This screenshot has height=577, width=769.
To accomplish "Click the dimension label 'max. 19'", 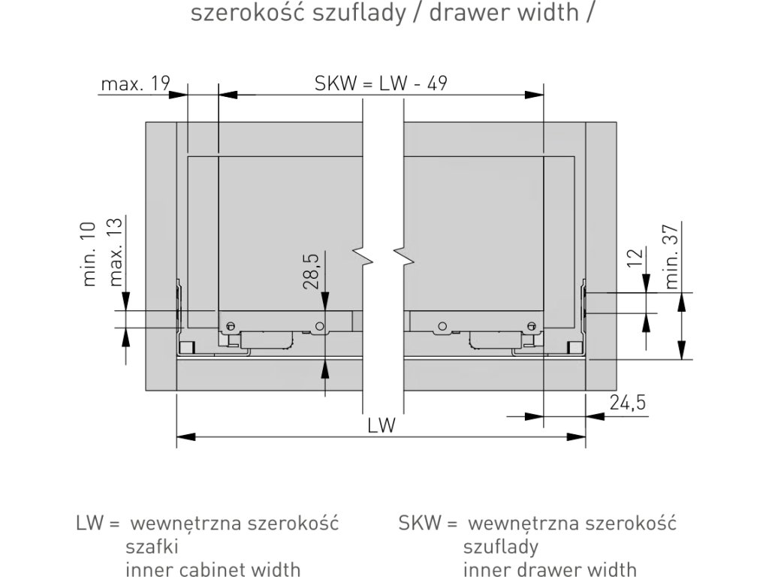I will coord(136,83).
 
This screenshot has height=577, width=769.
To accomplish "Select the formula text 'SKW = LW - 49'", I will coord(381,83).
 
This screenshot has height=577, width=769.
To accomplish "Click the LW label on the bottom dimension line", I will coord(381,425).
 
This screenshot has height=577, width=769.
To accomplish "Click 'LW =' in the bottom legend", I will coord(98,522).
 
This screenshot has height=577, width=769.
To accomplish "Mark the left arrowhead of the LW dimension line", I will coord(185,436).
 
